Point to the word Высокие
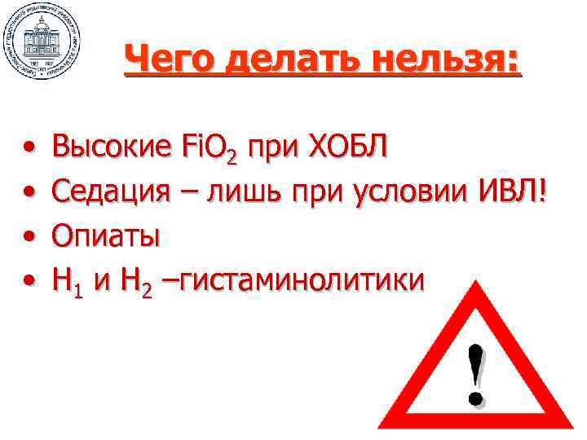click(x=110, y=148)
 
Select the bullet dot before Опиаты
click(x=29, y=238)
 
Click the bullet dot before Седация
click(x=29, y=194)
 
